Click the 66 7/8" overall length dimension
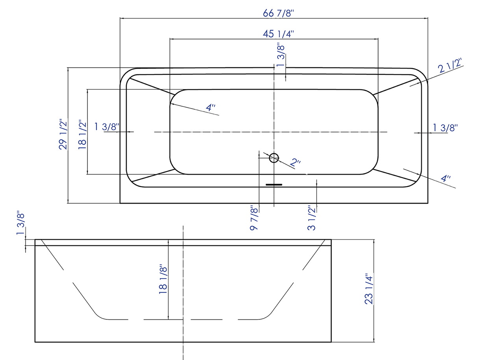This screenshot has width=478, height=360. pyautogui.click(x=278, y=13)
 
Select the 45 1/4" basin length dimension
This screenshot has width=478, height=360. pyautogui.click(x=278, y=34)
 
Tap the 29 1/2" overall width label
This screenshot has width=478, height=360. pyautogui.click(x=63, y=135)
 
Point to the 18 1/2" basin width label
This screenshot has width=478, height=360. pyautogui.click(x=82, y=135)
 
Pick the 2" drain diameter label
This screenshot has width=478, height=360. pyautogui.click(x=296, y=162)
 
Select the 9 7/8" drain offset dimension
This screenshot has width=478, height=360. pyautogui.click(x=254, y=218)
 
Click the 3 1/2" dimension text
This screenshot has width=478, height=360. pyautogui.click(x=312, y=218)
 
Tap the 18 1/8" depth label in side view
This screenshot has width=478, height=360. pyautogui.click(x=163, y=279)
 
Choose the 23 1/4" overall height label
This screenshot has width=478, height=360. pyautogui.click(x=369, y=289)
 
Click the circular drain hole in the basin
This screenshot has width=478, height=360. pyautogui.click(x=274, y=158)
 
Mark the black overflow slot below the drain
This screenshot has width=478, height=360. pyautogui.click(x=274, y=184)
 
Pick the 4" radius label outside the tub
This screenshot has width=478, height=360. pyautogui.click(x=445, y=178)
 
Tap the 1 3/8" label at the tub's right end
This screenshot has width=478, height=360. pyautogui.click(x=445, y=127)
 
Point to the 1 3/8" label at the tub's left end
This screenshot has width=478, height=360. pyautogui.click(x=107, y=127)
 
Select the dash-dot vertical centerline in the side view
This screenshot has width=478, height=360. pyautogui.click(x=183, y=291)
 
